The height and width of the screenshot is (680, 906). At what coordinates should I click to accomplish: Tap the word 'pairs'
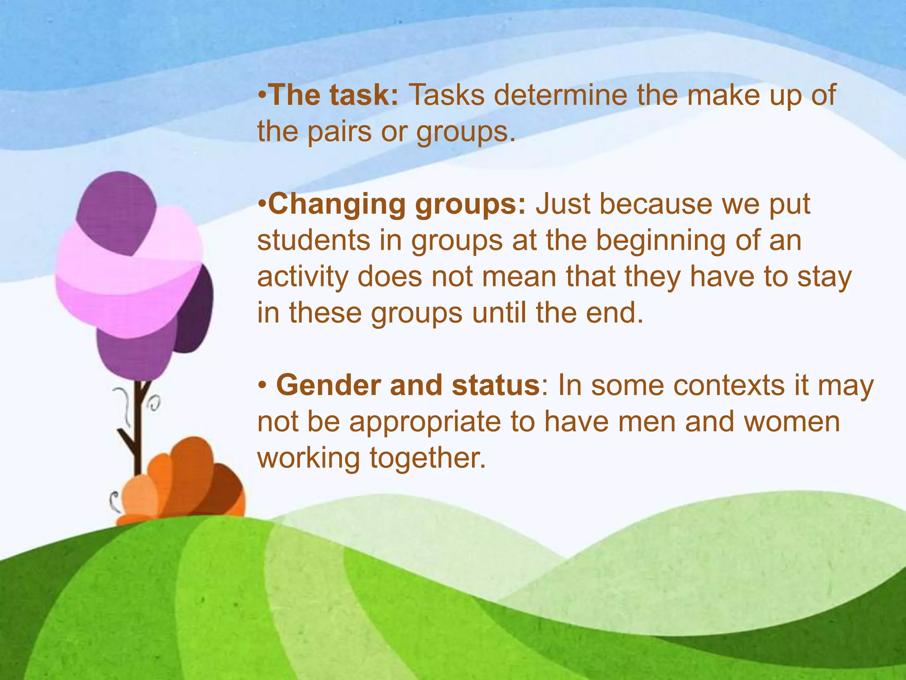click(x=339, y=132)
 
